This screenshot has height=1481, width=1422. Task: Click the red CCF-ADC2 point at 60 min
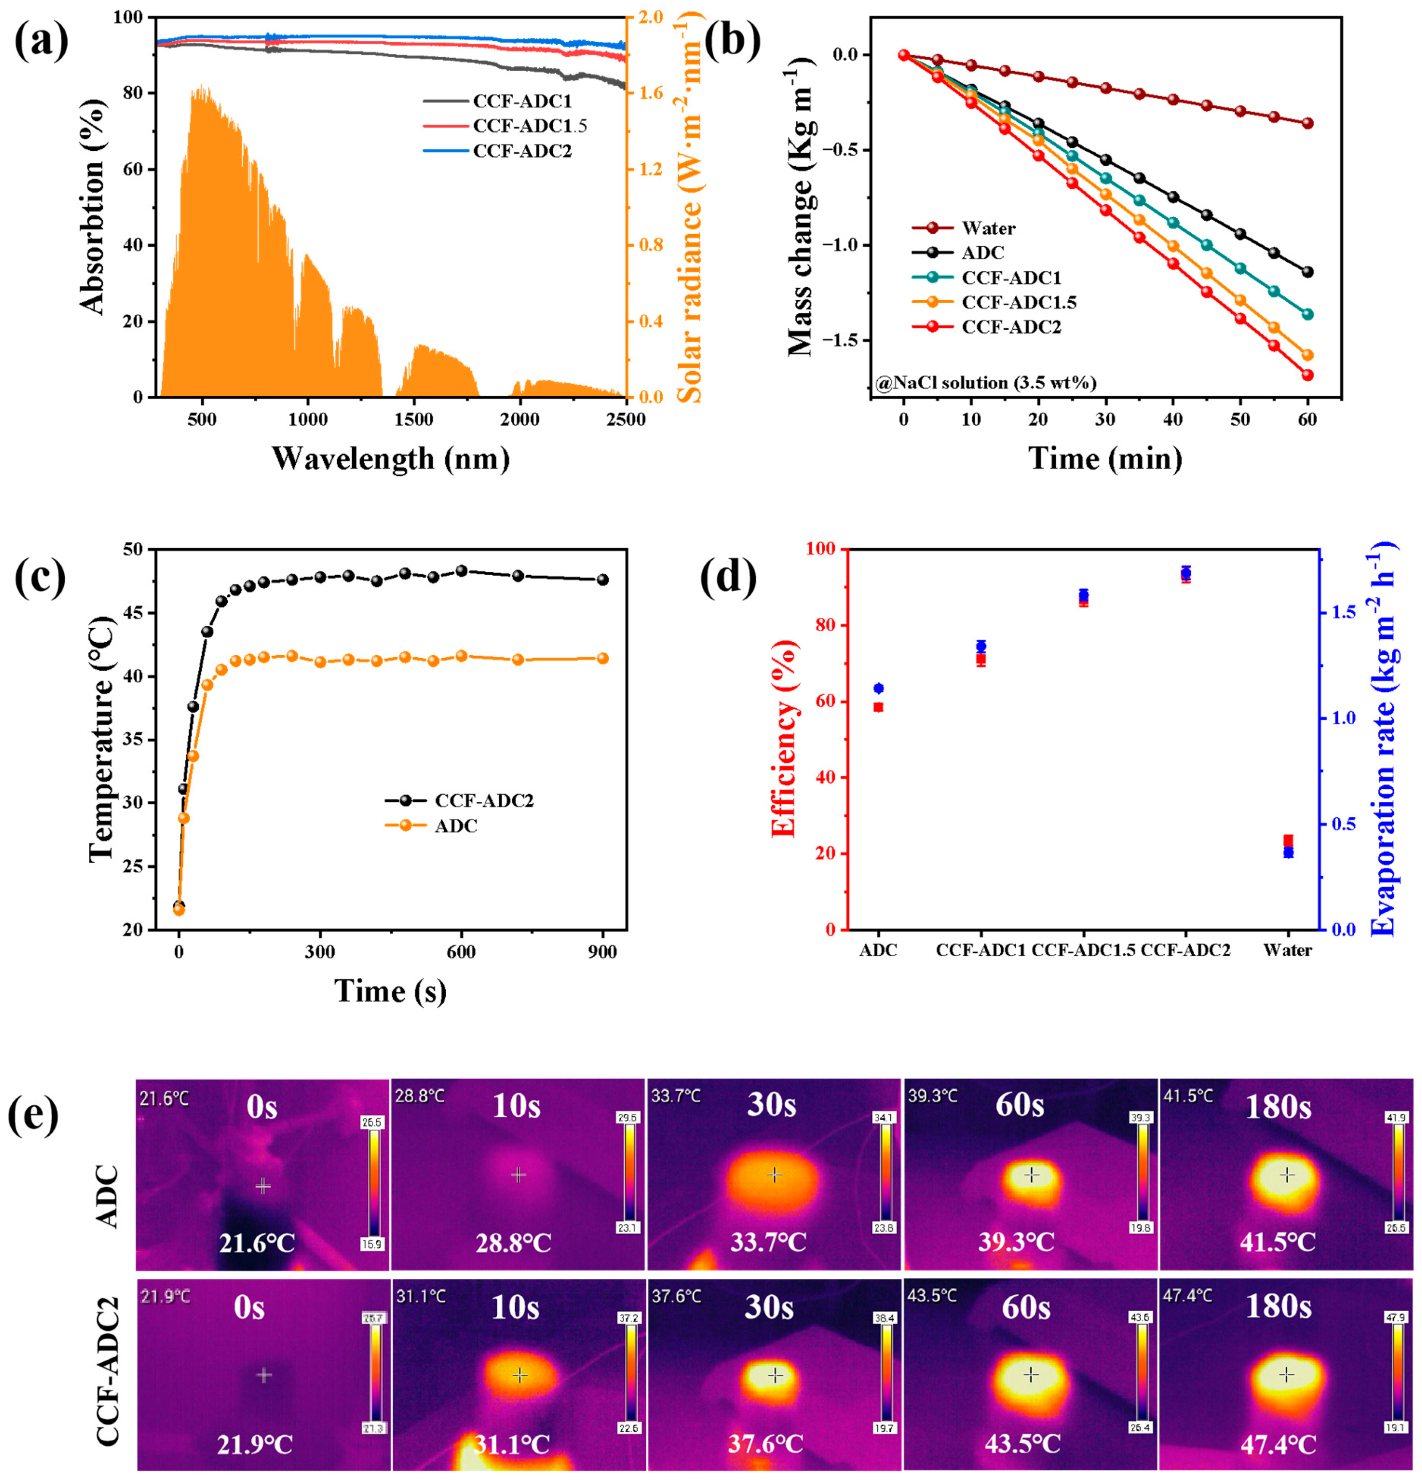[x=1307, y=375]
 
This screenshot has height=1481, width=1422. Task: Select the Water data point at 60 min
[x=1307, y=123]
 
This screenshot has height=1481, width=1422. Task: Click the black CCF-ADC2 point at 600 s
[x=461, y=571]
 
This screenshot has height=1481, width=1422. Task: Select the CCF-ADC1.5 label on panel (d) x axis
[x=1083, y=950]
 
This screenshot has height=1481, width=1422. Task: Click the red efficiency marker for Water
[x=1288, y=840]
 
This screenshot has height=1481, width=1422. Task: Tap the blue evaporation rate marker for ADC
[x=878, y=688]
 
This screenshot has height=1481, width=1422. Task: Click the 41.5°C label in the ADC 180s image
[x=1277, y=1241]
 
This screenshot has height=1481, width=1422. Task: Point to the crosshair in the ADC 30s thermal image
[x=774, y=1175]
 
